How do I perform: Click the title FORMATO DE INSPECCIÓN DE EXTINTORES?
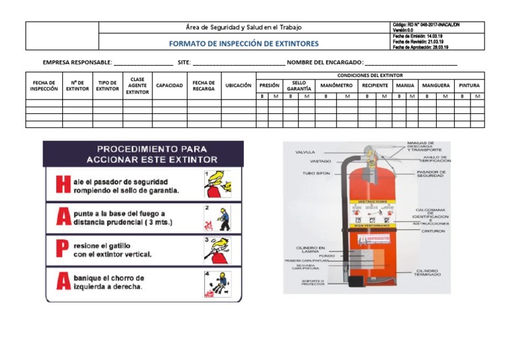pyautogui.click(x=243, y=44)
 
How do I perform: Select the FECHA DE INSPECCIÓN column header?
pyautogui.click(x=44, y=86)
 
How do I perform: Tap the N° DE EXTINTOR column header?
pyautogui.click(x=77, y=86)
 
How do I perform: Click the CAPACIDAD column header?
pyautogui.click(x=169, y=86)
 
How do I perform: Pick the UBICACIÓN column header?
pyautogui.click(x=238, y=86)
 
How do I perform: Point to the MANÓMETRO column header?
pyautogui.click(x=336, y=86)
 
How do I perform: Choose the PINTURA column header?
pyautogui.click(x=469, y=86)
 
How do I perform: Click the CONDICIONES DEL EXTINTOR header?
pyautogui.click(x=369, y=76)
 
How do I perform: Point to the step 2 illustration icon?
pyautogui.click(x=218, y=217)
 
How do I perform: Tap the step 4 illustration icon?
pyautogui.click(x=218, y=283)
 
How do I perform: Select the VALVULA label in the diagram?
pyautogui.click(x=305, y=152)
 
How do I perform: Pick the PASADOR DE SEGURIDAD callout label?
pyautogui.click(x=431, y=174)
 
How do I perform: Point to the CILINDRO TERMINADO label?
pyautogui.click(x=428, y=272)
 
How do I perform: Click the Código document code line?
pyautogui.click(x=425, y=25)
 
